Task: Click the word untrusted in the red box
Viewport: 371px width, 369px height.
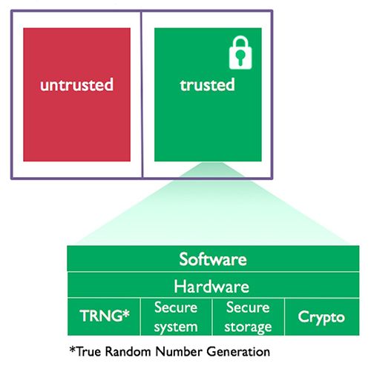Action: click(77, 84)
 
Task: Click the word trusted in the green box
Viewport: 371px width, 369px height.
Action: click(207, 84)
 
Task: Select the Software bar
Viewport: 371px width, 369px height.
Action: click(212, 260)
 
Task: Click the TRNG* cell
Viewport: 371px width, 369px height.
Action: click(105, 317)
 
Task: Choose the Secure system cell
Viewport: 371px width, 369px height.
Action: click(176, 317)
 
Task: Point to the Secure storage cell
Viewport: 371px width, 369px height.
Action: click(249, 317)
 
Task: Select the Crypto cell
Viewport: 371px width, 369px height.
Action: click(321, 317)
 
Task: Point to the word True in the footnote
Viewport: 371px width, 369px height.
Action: click(87, 350)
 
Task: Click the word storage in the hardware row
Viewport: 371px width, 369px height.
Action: click(249, 326)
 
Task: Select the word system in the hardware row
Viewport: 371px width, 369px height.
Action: click(176, 326)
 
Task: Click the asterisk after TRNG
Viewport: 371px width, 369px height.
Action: click(126, 314)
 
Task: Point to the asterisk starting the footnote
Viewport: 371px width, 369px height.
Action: click(71, 348)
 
